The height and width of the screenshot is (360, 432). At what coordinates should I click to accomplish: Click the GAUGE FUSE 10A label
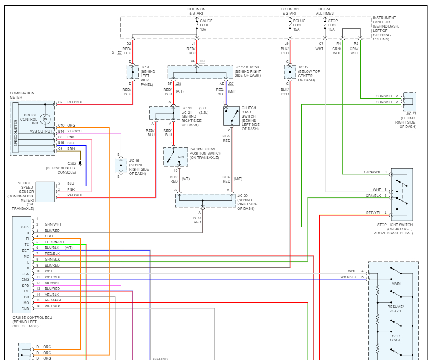(x=206, y=25)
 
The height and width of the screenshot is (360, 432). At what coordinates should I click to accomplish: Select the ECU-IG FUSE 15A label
(x=299, y=25)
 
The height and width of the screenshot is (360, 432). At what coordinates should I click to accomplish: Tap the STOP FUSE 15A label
(x=333, y=25)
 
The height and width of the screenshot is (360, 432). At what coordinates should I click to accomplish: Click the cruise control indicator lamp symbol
(x=45, y=119)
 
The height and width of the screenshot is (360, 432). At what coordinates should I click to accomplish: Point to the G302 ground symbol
(x=80, y=164)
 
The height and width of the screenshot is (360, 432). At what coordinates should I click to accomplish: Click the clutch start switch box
(x=231, y=116)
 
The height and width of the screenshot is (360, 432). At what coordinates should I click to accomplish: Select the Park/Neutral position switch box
(x=175, y=157)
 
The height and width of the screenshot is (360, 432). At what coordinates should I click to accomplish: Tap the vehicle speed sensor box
(x=45, y=192)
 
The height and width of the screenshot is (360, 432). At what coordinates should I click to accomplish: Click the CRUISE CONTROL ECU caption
(x=32, y=317)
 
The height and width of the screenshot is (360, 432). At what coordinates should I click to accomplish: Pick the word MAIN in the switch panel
(x=396, y=283)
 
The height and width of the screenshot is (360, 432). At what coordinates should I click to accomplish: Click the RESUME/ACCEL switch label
(x=396, y=309)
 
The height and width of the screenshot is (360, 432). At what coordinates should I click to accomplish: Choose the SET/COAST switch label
(x=396, y=338)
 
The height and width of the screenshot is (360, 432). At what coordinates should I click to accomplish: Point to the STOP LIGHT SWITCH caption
(x=395, y=225)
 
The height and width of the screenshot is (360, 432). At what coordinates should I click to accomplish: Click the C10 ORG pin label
(x=66, y=125)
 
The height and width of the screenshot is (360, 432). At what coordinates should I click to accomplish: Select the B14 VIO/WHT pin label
(x=70, y=131)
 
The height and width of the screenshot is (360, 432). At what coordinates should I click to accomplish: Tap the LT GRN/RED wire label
(x=55, y=242)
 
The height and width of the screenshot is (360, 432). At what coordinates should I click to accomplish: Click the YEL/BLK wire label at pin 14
(x=52, y=295)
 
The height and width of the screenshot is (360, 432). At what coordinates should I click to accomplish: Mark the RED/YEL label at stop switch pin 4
(x=373, y=213)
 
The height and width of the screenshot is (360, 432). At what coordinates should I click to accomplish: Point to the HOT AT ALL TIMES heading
(x=325, y=11)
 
